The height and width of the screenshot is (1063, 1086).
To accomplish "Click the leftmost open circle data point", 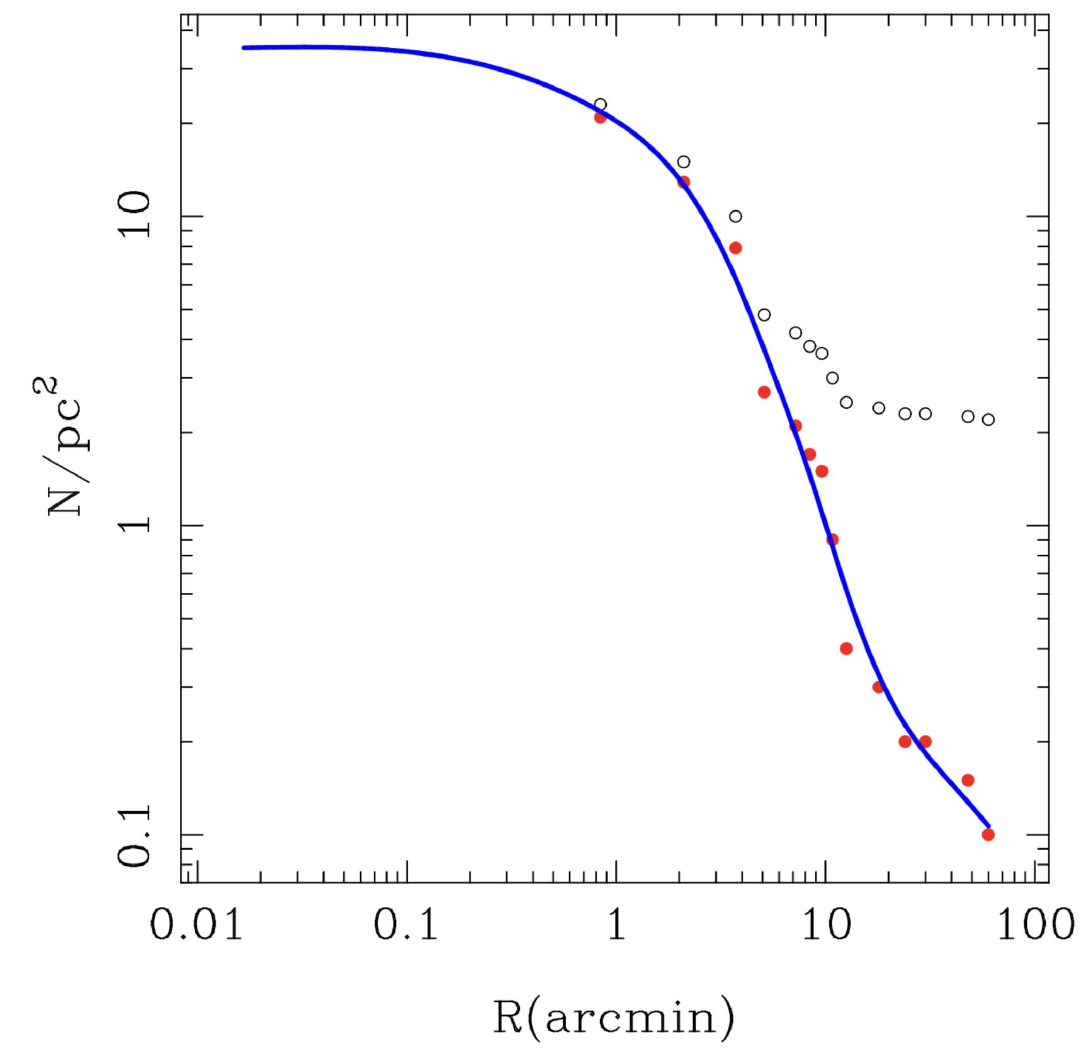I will tap(600, 105).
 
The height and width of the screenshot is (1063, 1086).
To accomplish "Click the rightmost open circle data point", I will tap(988, 419).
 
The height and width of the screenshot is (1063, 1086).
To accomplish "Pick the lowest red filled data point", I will tap(988, 834).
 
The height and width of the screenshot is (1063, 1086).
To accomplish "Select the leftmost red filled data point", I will tap(600, 117).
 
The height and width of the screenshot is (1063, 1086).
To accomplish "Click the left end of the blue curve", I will tap(244, 48).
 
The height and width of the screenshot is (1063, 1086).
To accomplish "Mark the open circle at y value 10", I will tap(735, 217).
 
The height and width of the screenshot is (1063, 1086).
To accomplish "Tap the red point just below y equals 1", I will tap(832, 540).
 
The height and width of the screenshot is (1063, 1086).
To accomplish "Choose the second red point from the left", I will tap(683, 182).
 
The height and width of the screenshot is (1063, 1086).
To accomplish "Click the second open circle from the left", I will tap(683, 162).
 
